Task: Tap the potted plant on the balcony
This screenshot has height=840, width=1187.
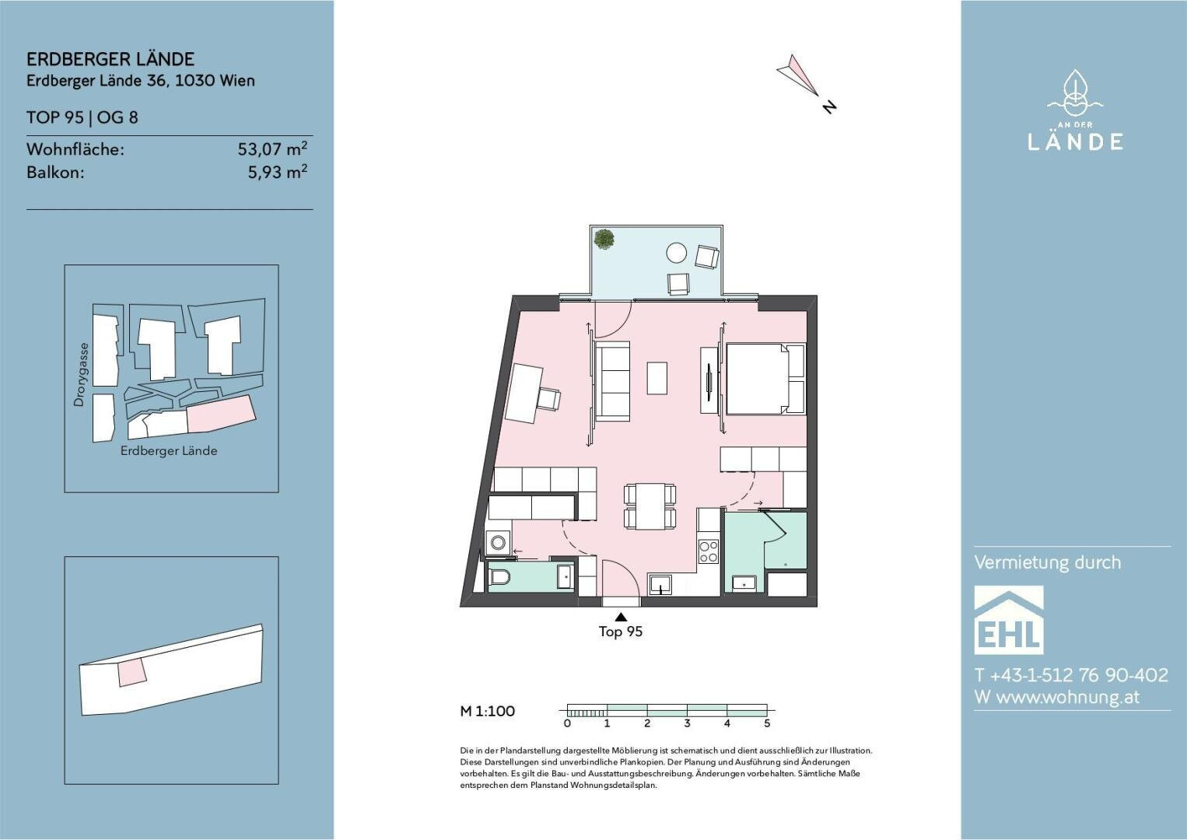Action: click(604, 239)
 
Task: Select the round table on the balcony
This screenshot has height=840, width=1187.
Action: click(676, 252)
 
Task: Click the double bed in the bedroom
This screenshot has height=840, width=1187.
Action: click(765, 379)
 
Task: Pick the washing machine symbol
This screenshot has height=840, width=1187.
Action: click(498, 542)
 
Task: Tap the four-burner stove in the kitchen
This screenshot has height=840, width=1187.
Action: click(709, 551)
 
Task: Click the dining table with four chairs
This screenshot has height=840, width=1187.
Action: click(650, 506)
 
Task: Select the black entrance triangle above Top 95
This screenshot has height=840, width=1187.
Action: click(621, 616)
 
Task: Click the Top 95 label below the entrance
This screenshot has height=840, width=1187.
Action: click(621, 632)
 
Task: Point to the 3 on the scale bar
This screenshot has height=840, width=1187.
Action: click(688, 723)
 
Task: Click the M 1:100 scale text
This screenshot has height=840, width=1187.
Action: click(488, 711)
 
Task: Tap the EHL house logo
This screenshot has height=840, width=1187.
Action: click(1009, 620)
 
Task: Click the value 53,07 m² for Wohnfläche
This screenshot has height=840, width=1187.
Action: click(272, 149)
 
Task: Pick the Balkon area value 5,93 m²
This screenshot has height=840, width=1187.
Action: click(278, 172)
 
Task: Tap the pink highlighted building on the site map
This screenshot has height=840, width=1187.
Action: click(222, 415)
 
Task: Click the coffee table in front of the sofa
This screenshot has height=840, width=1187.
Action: click(657, 379)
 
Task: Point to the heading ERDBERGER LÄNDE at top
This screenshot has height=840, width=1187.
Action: click(110, 59)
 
